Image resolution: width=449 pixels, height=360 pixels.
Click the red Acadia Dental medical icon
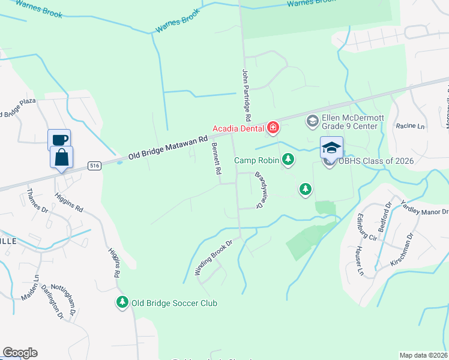click(x=273, y=127)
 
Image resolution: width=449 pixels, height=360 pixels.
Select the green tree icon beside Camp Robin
click(x=289, y=159)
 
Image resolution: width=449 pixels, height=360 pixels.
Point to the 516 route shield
click(x=94, y=165)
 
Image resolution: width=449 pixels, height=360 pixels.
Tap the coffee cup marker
click(x=59, y=139)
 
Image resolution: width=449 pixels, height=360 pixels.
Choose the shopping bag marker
click(x=61, y=158)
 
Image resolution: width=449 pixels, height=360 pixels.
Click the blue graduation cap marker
click(x=331, y=147)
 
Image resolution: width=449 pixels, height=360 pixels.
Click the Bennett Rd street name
click(x=214, y=159)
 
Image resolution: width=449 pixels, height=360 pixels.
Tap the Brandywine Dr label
click(x=260, y=190)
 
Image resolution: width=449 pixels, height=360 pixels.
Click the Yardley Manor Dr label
click(x=424, y=208)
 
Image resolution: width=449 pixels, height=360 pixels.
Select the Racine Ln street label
click(x=409, y=127)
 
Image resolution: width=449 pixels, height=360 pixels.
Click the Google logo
click(x=20, y=352)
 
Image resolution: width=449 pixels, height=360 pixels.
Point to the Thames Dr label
click(x=37, y=200)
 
